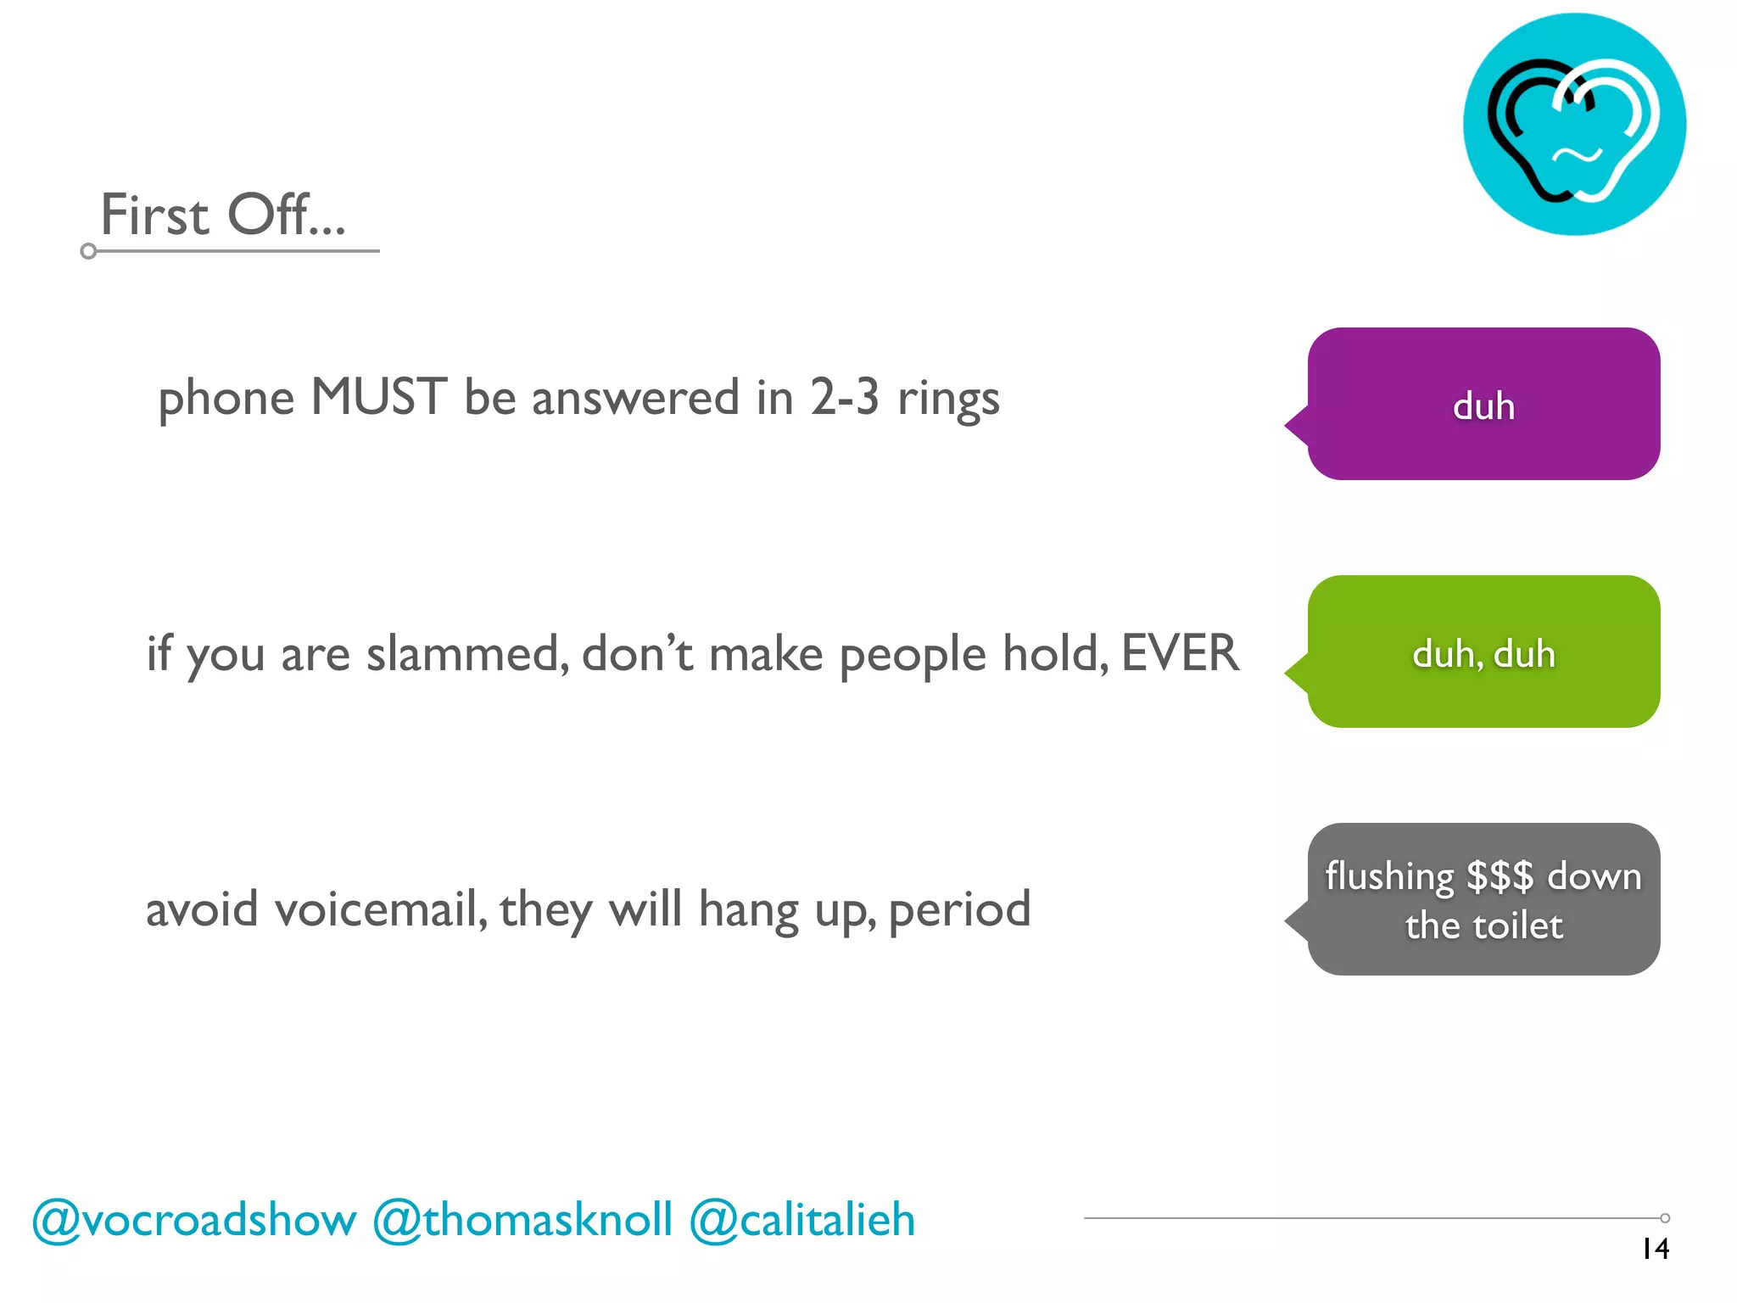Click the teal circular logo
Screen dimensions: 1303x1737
1574,125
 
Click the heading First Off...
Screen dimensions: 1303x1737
223,214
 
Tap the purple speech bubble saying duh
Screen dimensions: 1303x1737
1483,405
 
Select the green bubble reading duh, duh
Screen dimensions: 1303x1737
1483,652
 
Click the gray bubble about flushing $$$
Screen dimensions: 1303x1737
1483,899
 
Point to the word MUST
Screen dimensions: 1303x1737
378,396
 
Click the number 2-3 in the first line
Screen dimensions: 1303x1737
844,396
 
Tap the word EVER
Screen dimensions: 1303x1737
1180,652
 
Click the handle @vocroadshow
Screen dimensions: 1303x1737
194,1220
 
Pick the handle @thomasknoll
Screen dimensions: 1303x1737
522,1220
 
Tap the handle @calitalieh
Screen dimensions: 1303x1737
802,1220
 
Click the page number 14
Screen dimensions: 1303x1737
1655,1249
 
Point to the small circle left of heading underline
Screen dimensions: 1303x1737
88,251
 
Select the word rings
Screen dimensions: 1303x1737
948,399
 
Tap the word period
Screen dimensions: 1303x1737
959,911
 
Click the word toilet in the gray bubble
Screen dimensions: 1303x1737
1516,926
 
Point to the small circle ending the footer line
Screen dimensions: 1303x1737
1665,1218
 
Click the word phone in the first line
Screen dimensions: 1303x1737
226,399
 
